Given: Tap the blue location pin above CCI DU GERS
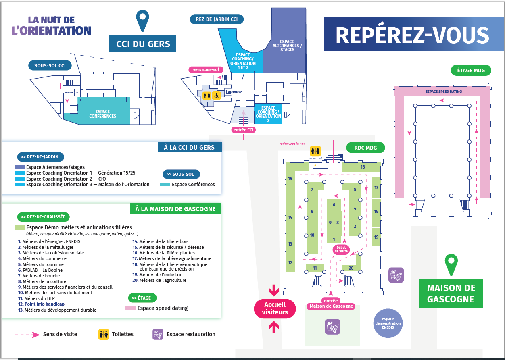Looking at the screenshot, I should pyautogui.click(x=142, y=20).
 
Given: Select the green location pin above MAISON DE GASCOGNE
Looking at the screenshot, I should pyautogui.click(x=451, y=264).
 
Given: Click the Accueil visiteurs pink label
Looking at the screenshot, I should pyautogui.click(x=274, y=309).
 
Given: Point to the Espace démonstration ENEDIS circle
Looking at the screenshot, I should pyautogui.click(x=388, y=323).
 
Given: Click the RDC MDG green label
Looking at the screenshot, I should pyautogui.click(x=365, y=148).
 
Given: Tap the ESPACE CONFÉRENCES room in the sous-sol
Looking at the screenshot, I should pyautogui.click(x=103, y=114).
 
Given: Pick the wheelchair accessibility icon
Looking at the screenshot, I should pyautogui.click(x=216, y=96).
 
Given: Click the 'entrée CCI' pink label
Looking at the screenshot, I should pyautogui.click(x=244, y=130).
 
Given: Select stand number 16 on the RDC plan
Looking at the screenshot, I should pyautogui.click(x=362, y=167).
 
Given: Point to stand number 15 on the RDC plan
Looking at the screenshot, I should pyautogui.click(x=290, y=179).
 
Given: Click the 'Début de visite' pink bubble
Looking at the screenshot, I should pyautogui.click(x=340, y=250).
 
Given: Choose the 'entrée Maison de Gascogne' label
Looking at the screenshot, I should pyautogui.click(x=331, y=303).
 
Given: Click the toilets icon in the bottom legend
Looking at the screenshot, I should pyautogui.click(x=104, y=334).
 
